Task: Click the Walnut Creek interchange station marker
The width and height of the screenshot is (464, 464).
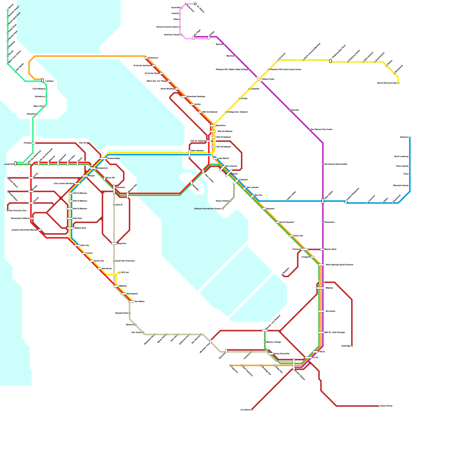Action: click(x=259, y=79)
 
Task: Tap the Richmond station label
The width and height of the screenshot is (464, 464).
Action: click(x=153, y=58)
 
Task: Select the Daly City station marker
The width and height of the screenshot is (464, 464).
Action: click(x=77, y=246)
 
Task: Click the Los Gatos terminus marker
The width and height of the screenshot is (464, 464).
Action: click(x=251, y=410)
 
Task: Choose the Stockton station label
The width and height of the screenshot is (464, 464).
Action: click(x=404, y=137)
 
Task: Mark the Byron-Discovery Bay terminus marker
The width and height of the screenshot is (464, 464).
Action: click(x=398, y=83)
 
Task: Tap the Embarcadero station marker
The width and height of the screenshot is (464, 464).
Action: click(x=104, y=159)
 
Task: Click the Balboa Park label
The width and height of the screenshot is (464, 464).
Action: click(x=80, y=228)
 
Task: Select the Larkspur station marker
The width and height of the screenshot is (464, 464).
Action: click(x=43, y=80)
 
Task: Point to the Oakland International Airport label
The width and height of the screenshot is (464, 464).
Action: click(x=207, y=209)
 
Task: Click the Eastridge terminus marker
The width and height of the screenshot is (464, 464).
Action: click(x=352, y=346)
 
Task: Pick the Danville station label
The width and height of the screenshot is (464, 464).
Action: click(x=295, y=110)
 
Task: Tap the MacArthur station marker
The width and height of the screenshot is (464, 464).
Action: click(x=213, y=126)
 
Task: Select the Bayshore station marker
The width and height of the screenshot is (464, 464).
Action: click(x=114, y=244)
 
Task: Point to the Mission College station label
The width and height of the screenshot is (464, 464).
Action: click(x=273, y=342)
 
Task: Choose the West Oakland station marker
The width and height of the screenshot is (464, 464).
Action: click(x=189, y=154)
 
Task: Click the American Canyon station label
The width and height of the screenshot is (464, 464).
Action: click(x=172, y=35)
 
